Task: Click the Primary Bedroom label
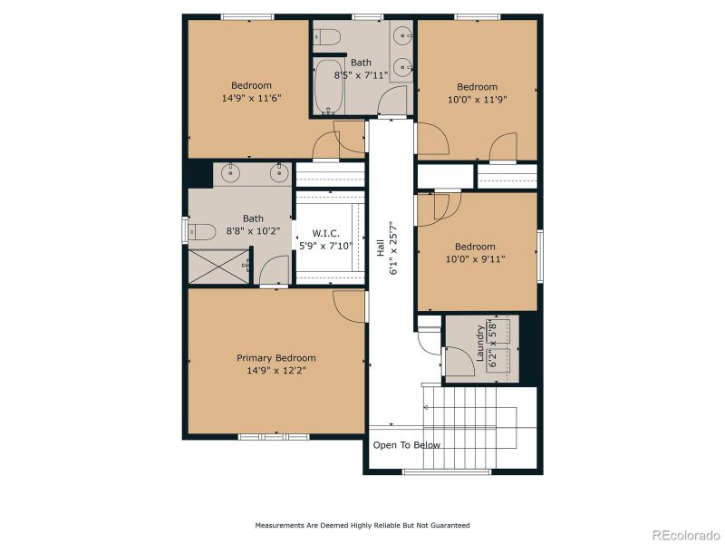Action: (x=276, y=358)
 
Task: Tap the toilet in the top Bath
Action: (x=327, y=37)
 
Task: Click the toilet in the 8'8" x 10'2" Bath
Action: (x=201, y=230)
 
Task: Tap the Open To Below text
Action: (x=407, y=445)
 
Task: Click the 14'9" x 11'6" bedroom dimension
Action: (x=251, y=97)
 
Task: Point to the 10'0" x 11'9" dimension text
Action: (x=477, y=100)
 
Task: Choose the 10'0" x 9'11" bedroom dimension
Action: (x=475, y=259)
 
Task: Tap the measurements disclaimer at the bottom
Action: (x=362, y=525)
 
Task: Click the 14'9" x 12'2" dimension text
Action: (x=276, y=371)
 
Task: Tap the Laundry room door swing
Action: (x=453, y=359)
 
